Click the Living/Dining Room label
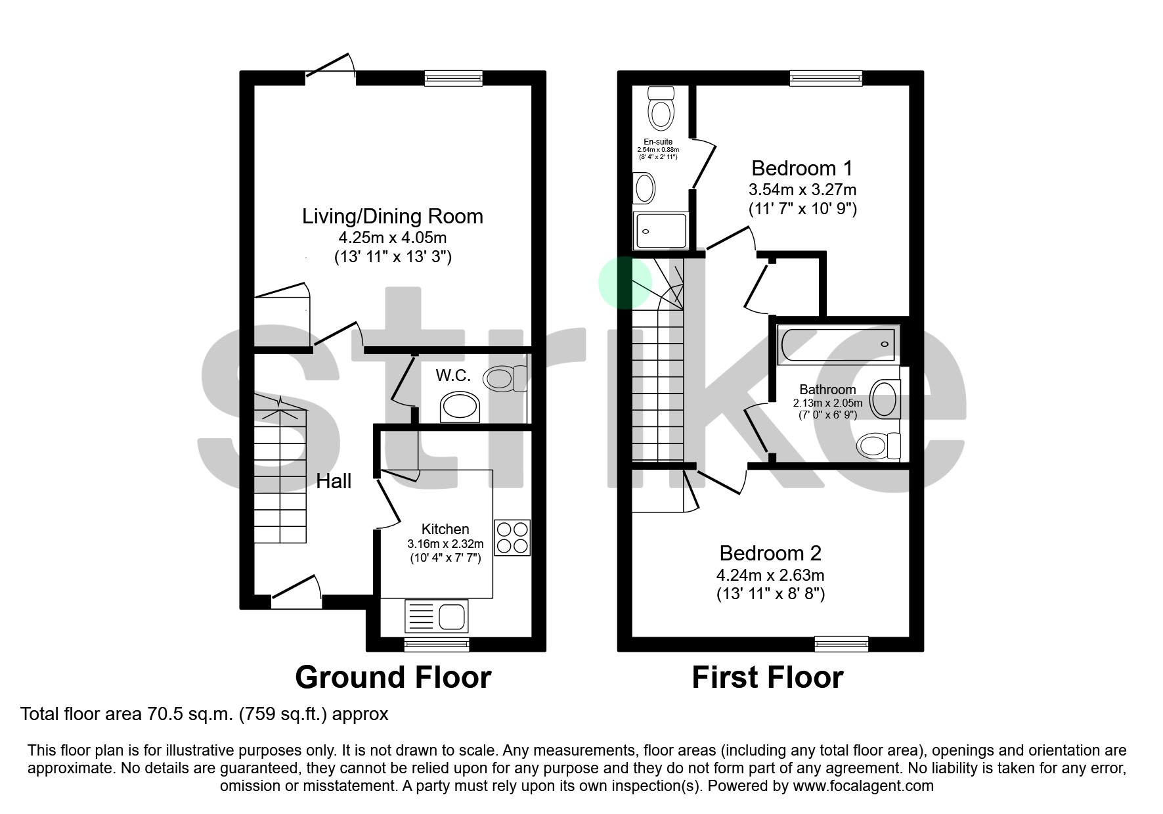[392, 216]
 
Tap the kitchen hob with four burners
[512, 537]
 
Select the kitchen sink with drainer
[437, 617]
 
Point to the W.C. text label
[453, 375]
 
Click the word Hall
[334, 481]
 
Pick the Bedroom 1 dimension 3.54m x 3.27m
[802, 190]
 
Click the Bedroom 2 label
[770, 553]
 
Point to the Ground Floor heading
[393, 677]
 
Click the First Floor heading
[767, 677]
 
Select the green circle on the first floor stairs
[625, 283]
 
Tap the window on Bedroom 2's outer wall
[841, 643]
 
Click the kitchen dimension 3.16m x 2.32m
[445, 544]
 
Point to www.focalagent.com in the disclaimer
[863, 786]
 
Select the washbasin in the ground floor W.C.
[460, 407]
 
